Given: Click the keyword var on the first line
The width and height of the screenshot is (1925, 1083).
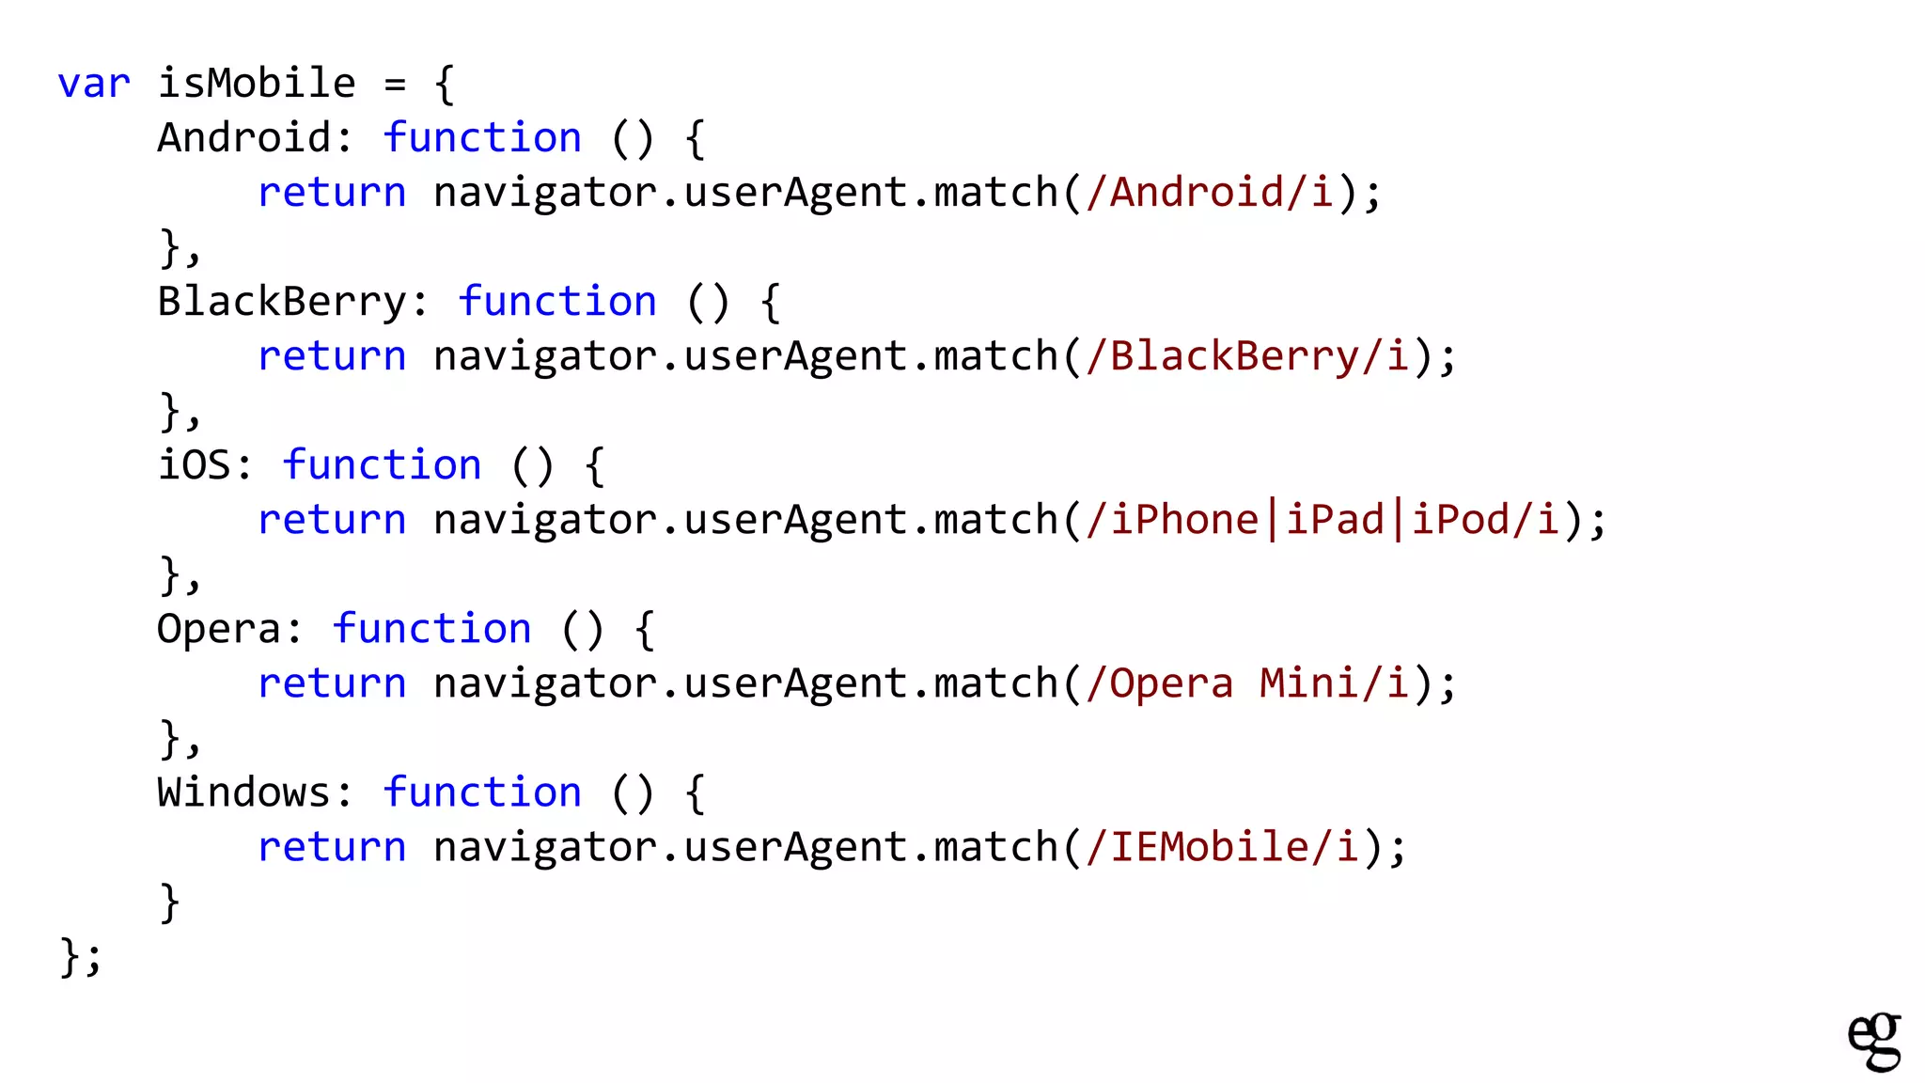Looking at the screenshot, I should [93, 85].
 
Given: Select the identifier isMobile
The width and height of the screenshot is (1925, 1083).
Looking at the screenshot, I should [257, 84].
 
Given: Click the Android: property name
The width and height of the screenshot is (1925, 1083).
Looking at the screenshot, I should [254, 138].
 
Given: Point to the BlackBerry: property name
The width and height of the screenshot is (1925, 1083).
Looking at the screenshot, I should [291, 303].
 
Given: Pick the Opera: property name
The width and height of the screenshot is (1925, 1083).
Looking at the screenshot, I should [228, 629].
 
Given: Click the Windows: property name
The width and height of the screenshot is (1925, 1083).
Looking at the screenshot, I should [254, 793].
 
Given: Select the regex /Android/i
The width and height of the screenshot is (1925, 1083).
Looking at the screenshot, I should [1210, 193].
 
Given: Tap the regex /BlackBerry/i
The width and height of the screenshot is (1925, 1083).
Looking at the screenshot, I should [1247, 356].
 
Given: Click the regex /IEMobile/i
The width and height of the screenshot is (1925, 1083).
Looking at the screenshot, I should [1222, 847].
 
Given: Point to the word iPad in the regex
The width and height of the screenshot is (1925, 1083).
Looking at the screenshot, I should [1335, 520].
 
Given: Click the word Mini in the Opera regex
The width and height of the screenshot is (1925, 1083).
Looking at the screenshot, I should [1309, 683].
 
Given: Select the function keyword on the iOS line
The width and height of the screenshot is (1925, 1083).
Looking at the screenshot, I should [382, 465].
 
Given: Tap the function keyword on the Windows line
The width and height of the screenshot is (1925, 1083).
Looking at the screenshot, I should [482, 793].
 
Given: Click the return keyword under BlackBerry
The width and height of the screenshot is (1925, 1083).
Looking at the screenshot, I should [332, 356].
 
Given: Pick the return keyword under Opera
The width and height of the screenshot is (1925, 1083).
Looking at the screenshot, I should [332, 683].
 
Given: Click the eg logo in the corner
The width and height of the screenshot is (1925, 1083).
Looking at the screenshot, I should [1873, 1041].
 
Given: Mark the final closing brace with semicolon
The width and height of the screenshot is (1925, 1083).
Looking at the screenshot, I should [81, 957].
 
